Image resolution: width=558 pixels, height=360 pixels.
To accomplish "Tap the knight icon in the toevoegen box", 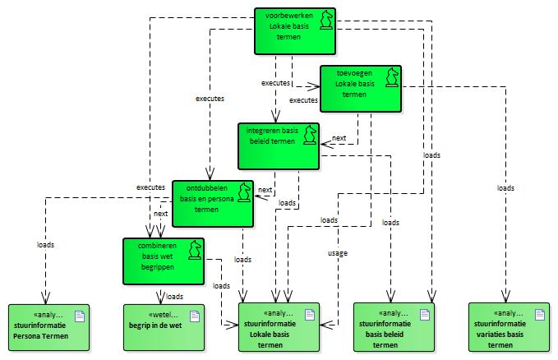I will click(x=392, y=76).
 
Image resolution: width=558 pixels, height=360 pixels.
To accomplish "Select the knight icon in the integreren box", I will click(x=310, y=134).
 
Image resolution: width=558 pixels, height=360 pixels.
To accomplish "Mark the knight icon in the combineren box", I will click(x=195, y=249).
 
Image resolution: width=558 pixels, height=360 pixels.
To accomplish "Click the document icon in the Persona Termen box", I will click(x=80, y=315).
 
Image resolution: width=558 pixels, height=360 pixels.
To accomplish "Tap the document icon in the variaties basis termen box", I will click(x=540, y=315).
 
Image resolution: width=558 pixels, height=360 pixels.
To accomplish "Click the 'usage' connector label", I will click(x=337, y=252).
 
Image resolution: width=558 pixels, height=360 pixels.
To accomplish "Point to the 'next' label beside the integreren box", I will click(x=339, y=139).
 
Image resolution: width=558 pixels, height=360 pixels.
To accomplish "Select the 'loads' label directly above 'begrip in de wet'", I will click(x=173, y=296).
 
